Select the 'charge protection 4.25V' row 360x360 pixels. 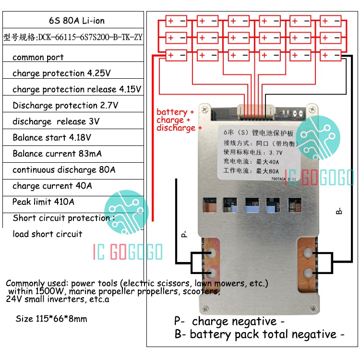[x=62, y=73]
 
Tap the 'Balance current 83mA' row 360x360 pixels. [x=57, y=154]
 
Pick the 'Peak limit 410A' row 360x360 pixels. [x=44, y=202]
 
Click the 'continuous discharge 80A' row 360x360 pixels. [x=64, y=170]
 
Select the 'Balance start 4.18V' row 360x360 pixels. [x=52, y=138]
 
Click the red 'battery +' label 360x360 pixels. [x=175, y=112]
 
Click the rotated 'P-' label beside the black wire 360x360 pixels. [x=183, y=234]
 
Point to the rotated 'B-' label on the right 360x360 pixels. [x=339, y=210]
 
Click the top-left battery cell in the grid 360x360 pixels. [x=176, y=21]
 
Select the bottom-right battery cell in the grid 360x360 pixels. [x=330, y=55]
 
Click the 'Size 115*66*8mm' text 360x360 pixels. [x=51, y=318]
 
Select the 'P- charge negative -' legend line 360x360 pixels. [x=229, y=321]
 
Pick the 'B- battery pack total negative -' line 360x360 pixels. [x=259, y=334]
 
